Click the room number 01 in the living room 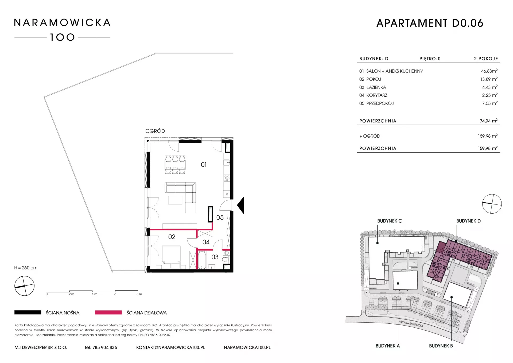(204, 165)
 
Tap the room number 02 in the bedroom (172, 237)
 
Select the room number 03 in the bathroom (215, 257)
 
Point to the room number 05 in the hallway (220, 218)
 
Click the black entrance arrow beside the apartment (241, 205)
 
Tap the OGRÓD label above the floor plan (155, 131)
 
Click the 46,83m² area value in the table (489, 71)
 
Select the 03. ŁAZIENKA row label (372, 87)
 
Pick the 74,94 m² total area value (489, 121)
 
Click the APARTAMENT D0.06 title (430, 23)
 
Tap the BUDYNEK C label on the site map (390, 221)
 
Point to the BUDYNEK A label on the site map (388, 346)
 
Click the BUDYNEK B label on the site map (441, 346)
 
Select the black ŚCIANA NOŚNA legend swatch (28, 312)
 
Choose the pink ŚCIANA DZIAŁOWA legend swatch (108, 312)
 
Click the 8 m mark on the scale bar (139, 294)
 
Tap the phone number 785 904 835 (105, 347)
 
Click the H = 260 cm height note (26, 268)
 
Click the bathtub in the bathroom (201, 260)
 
